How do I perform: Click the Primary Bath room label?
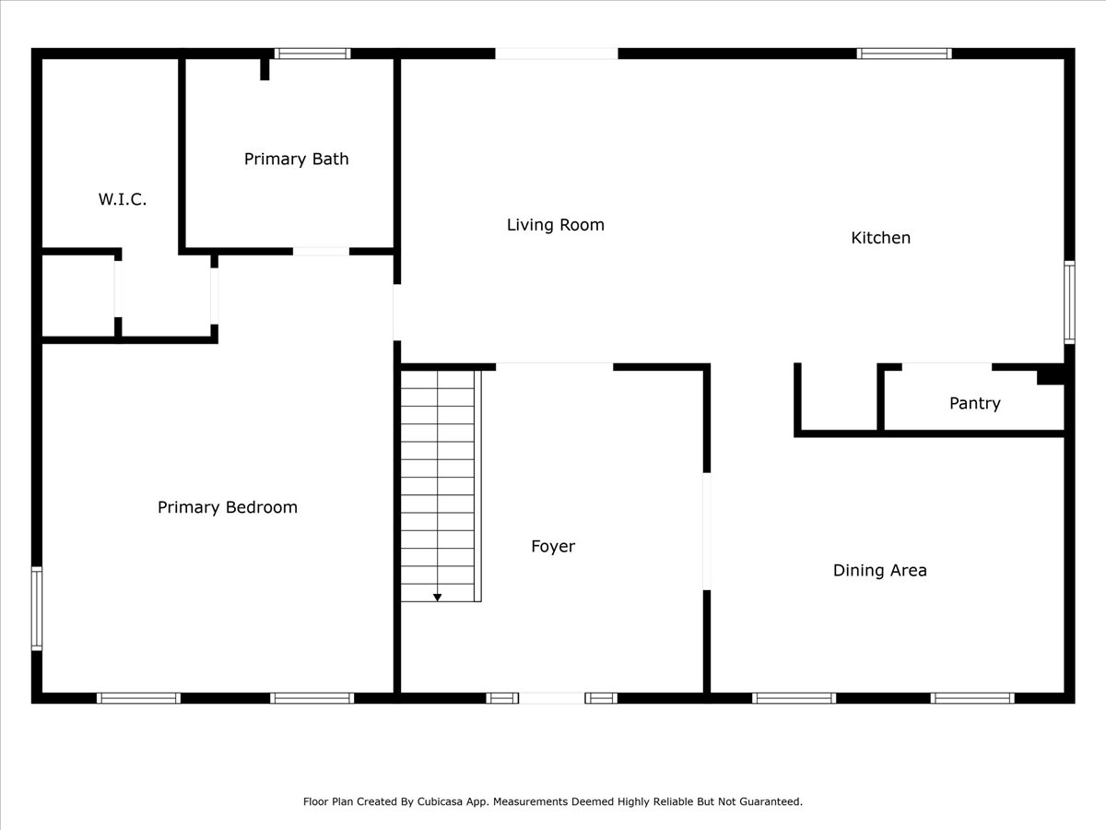[296, 160]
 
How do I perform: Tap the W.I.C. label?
[123, 199]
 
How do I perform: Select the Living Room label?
[555, 225]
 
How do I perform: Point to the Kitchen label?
[881, 238]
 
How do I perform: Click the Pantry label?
[975, 403]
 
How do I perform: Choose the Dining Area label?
[880, 571]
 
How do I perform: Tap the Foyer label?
[553, 546]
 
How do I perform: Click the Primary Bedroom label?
[228, 507]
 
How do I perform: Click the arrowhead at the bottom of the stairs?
[438, 598]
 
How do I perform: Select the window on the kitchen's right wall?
[1069, 302]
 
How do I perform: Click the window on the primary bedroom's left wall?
[37, 609]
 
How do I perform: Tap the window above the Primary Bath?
[312, 53]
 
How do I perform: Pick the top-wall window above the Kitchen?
[904, 53]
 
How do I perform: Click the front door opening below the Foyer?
[552, 698]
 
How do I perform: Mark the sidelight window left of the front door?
[502, 698]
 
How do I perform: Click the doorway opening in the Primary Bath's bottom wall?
[321, 251]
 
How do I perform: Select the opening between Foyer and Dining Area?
[707, 531]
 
